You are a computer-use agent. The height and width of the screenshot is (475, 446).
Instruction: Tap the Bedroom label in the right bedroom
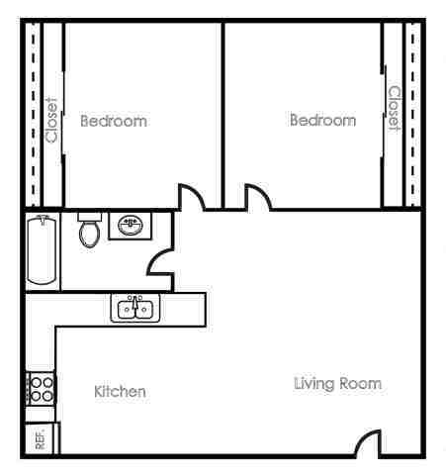(322, 120)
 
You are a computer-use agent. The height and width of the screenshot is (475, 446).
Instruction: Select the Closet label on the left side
(52, 121)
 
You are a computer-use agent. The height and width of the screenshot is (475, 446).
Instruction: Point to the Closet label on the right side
(394, 109)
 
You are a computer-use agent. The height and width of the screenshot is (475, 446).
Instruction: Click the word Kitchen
(120, 392)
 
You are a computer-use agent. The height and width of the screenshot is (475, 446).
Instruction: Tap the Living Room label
(337, 383)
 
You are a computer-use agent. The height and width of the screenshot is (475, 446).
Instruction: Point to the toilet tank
(90, 216)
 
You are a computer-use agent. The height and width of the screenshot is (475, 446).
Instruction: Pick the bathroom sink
(130, 225)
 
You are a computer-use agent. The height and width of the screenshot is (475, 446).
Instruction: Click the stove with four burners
(41, 387)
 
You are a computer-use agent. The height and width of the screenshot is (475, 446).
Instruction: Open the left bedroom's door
(193, 197)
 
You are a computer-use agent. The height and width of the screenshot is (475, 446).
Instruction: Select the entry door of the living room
(368, 442)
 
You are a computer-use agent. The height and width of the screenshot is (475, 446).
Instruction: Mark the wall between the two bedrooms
(223, 109)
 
